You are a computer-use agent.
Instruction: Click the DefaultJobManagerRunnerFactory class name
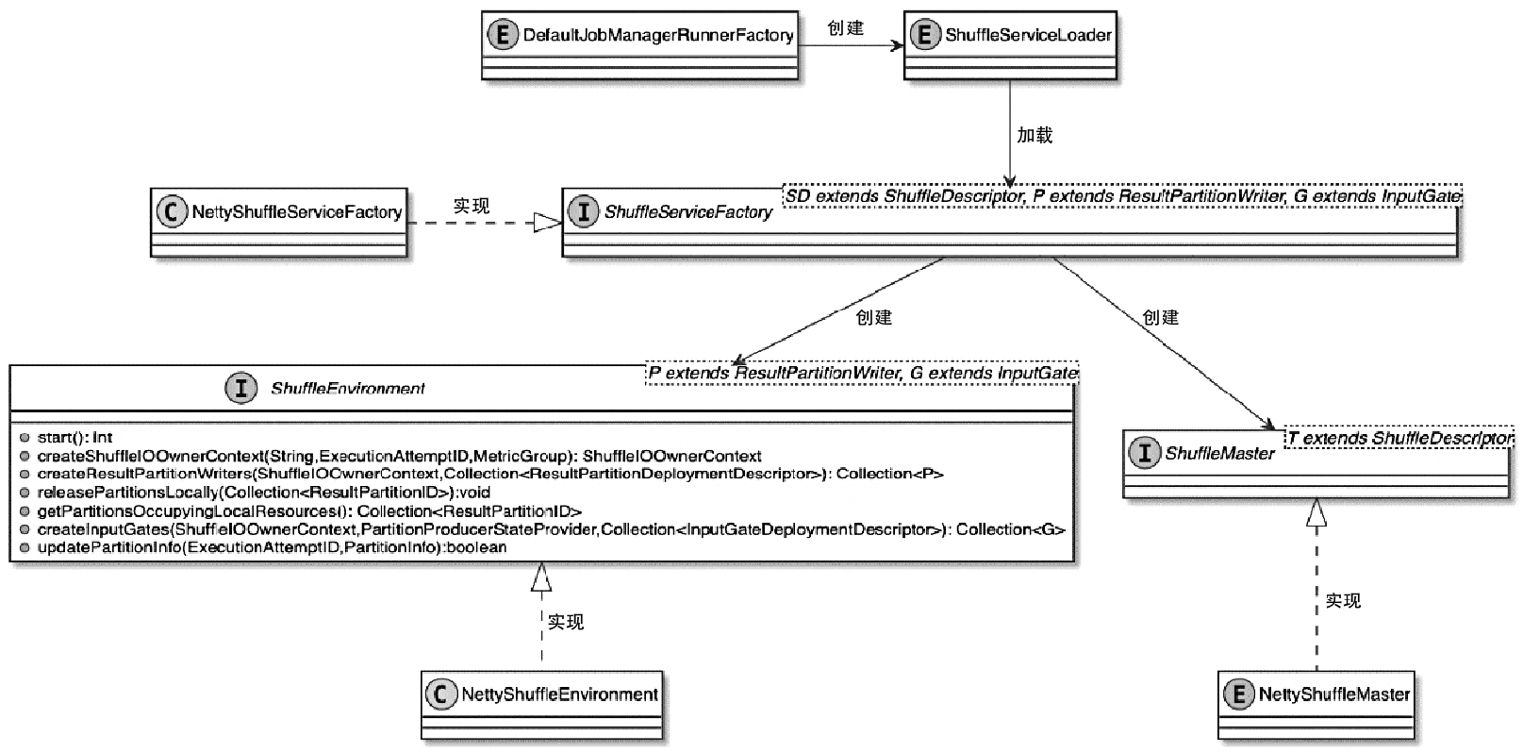click(x=657, y=36)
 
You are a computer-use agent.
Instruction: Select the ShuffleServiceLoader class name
click(x=1028, y=36)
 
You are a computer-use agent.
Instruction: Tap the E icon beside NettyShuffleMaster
click(x=1237, y=694)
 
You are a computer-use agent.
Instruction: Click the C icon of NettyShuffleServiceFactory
click(x=171, y=211)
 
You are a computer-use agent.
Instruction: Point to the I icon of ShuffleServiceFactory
click(x=583, y=211)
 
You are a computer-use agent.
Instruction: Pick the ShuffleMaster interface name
click(x=1219, y=453)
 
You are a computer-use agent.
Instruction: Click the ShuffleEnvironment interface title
click(x=347, y=388)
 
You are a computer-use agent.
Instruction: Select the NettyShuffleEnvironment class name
click(x=559, y=694)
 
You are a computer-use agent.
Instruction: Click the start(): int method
click(x=74, y=437)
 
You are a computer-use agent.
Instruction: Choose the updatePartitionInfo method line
click(x=272, y=547)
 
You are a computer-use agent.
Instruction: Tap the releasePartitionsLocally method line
click(x=263, y=493)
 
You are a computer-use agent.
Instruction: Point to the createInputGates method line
click(x=551, y=529)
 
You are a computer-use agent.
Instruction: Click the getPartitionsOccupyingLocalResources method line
click(x=309, y=510)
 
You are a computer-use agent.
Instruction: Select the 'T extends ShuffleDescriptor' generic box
click(x=1399, y=438)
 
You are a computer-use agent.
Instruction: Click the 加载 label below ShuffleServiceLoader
click(x=1035, y=136)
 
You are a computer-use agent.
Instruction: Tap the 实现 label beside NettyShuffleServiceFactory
click(x=472, y=206)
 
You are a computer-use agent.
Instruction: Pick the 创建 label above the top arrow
click(x=846, y=28)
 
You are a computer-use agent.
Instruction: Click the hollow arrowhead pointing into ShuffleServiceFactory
click(x=547, y=223)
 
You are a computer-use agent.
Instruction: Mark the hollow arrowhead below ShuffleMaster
click(x=1316, y=512)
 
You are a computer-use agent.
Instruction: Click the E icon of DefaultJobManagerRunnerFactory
click(x=503, y=36)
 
